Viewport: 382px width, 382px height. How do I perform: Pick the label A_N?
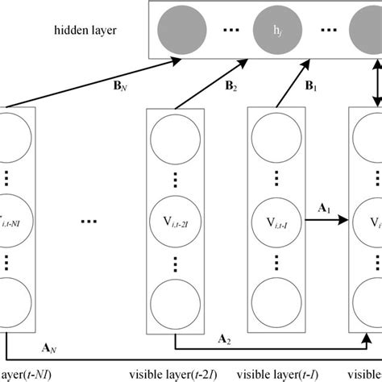[48, 347]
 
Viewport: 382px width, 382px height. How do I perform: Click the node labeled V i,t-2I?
[172, 218]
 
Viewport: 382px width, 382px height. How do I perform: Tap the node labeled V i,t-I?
[271, 218]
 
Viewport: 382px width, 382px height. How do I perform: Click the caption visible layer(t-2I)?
[173, 375]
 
